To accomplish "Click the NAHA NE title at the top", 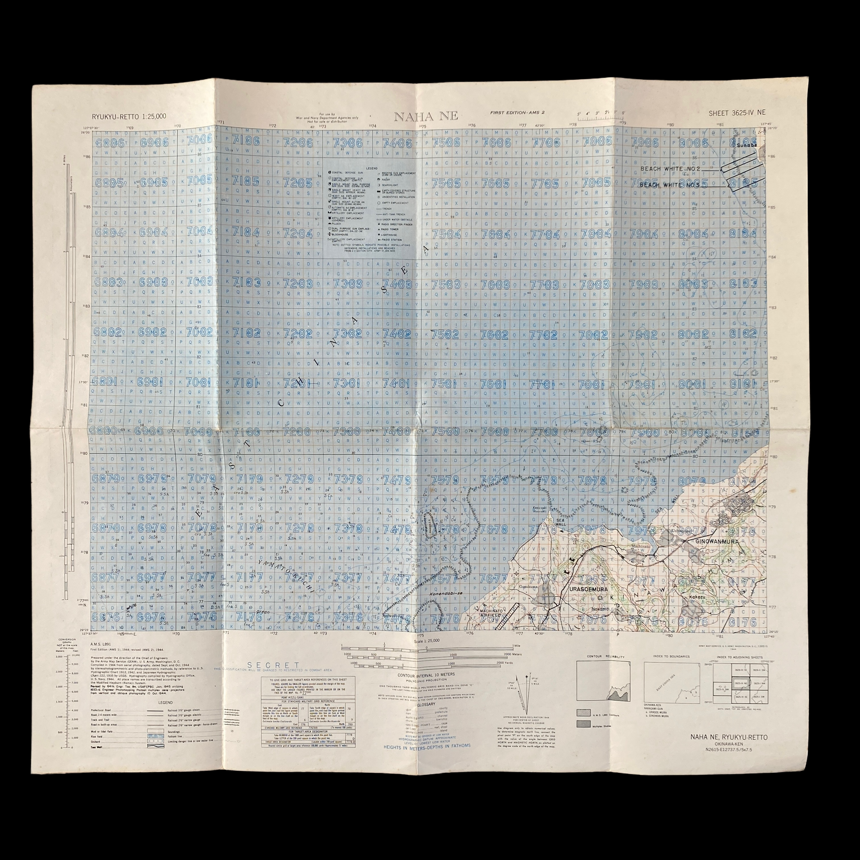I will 426,116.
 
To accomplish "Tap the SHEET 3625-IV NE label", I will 737,113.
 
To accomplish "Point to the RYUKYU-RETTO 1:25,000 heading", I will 129,116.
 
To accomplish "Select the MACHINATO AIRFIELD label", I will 491,613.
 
